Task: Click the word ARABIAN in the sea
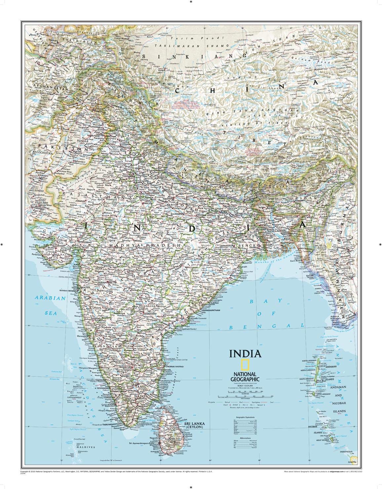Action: pyautogui.click(x=47, y=298)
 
